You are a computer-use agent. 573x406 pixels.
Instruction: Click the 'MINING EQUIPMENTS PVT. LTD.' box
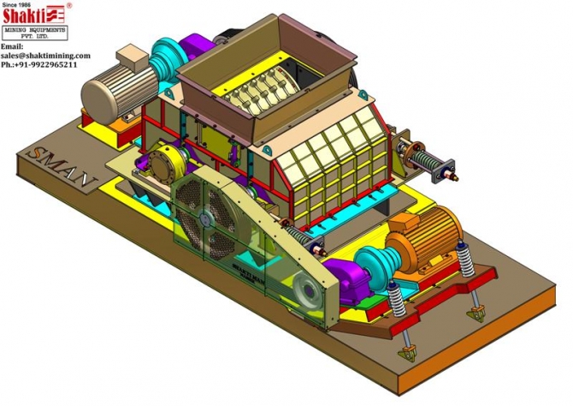click(x=33, y=33)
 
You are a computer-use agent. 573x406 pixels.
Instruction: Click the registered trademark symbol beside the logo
click(x=68, y=4)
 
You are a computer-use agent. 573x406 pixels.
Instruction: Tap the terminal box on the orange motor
click(x=400, y=224)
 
